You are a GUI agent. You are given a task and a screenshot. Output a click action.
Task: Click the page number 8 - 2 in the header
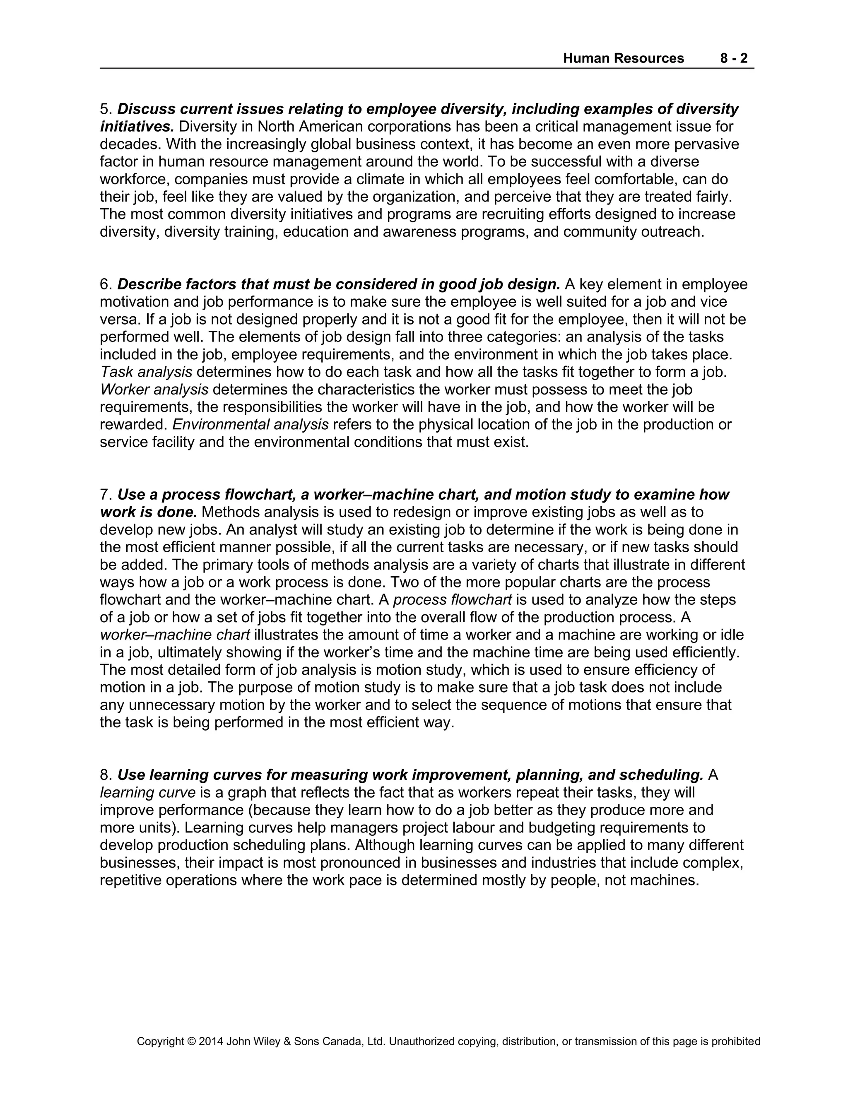click(x=733, y=58)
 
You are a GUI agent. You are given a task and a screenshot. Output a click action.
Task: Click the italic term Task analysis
click(x=146, y=372)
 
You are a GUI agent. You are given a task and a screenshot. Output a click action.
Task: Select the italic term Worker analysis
click(x=154, y=390)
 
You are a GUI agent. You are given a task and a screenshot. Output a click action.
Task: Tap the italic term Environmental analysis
click(x=250, y=425)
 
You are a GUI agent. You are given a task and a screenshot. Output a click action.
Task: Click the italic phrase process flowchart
click(x=452, y=600)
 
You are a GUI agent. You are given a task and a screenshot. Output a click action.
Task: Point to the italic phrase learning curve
click(x=148, y=793)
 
